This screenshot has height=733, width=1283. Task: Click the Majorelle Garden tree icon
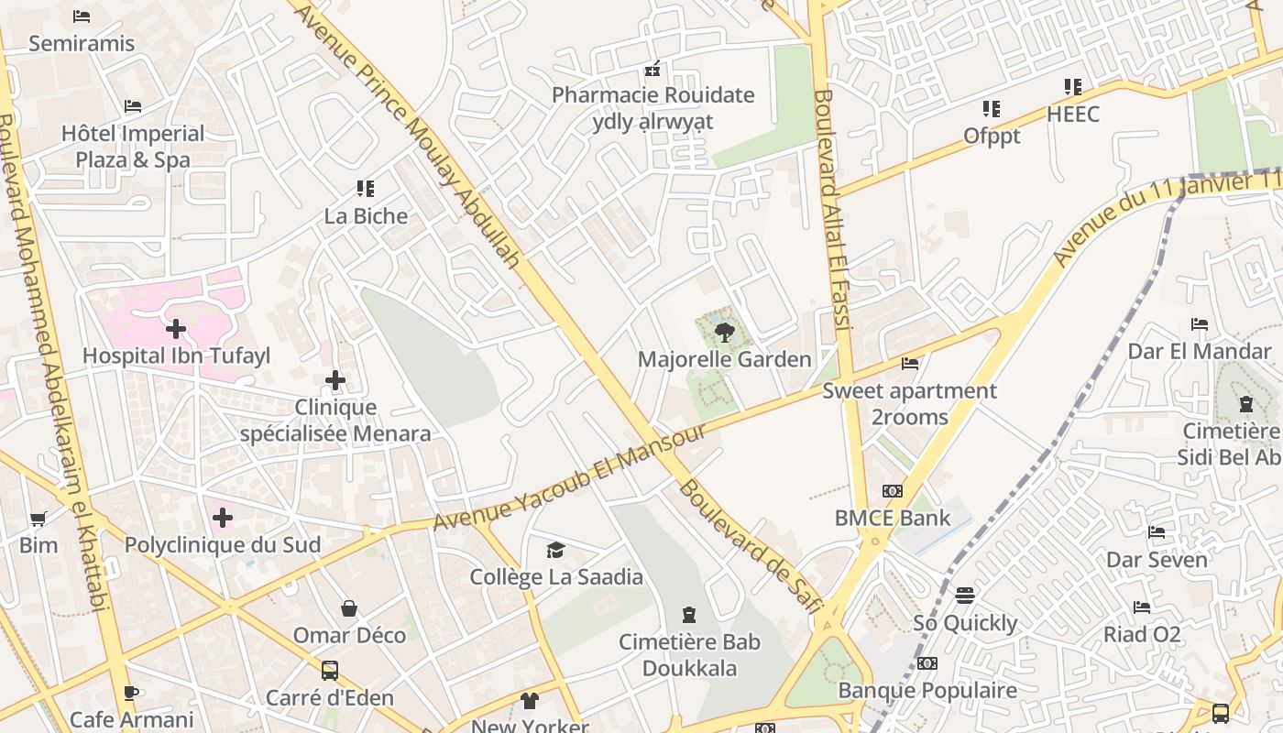point(725,332)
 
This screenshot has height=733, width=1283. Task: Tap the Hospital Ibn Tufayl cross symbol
point(176,328)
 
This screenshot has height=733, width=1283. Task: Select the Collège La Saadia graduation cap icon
point(555,550)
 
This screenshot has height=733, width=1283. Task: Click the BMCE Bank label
point(892,518)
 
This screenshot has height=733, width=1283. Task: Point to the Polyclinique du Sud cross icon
point(222,518)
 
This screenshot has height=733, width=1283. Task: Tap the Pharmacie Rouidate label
point(652,95)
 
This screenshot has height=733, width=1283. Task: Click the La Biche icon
point(366,189)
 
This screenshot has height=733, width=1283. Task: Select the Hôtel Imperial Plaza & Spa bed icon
point(133,106)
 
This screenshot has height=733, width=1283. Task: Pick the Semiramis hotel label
point(82,43)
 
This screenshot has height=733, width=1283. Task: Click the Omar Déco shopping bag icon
point(349,608)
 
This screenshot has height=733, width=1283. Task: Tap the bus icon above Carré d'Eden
point(330,671)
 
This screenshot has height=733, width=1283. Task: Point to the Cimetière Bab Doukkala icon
point(689,615)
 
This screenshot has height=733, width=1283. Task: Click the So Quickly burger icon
point(964,596)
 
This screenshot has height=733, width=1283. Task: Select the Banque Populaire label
point(927,690)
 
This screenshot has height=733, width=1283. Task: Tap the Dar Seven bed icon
point(1157,532)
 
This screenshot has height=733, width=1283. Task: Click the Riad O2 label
point(1142,634)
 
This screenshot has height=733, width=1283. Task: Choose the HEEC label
point(1072,115)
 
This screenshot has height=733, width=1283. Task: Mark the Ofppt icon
point(991,109)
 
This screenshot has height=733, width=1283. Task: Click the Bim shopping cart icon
point(38,520)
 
